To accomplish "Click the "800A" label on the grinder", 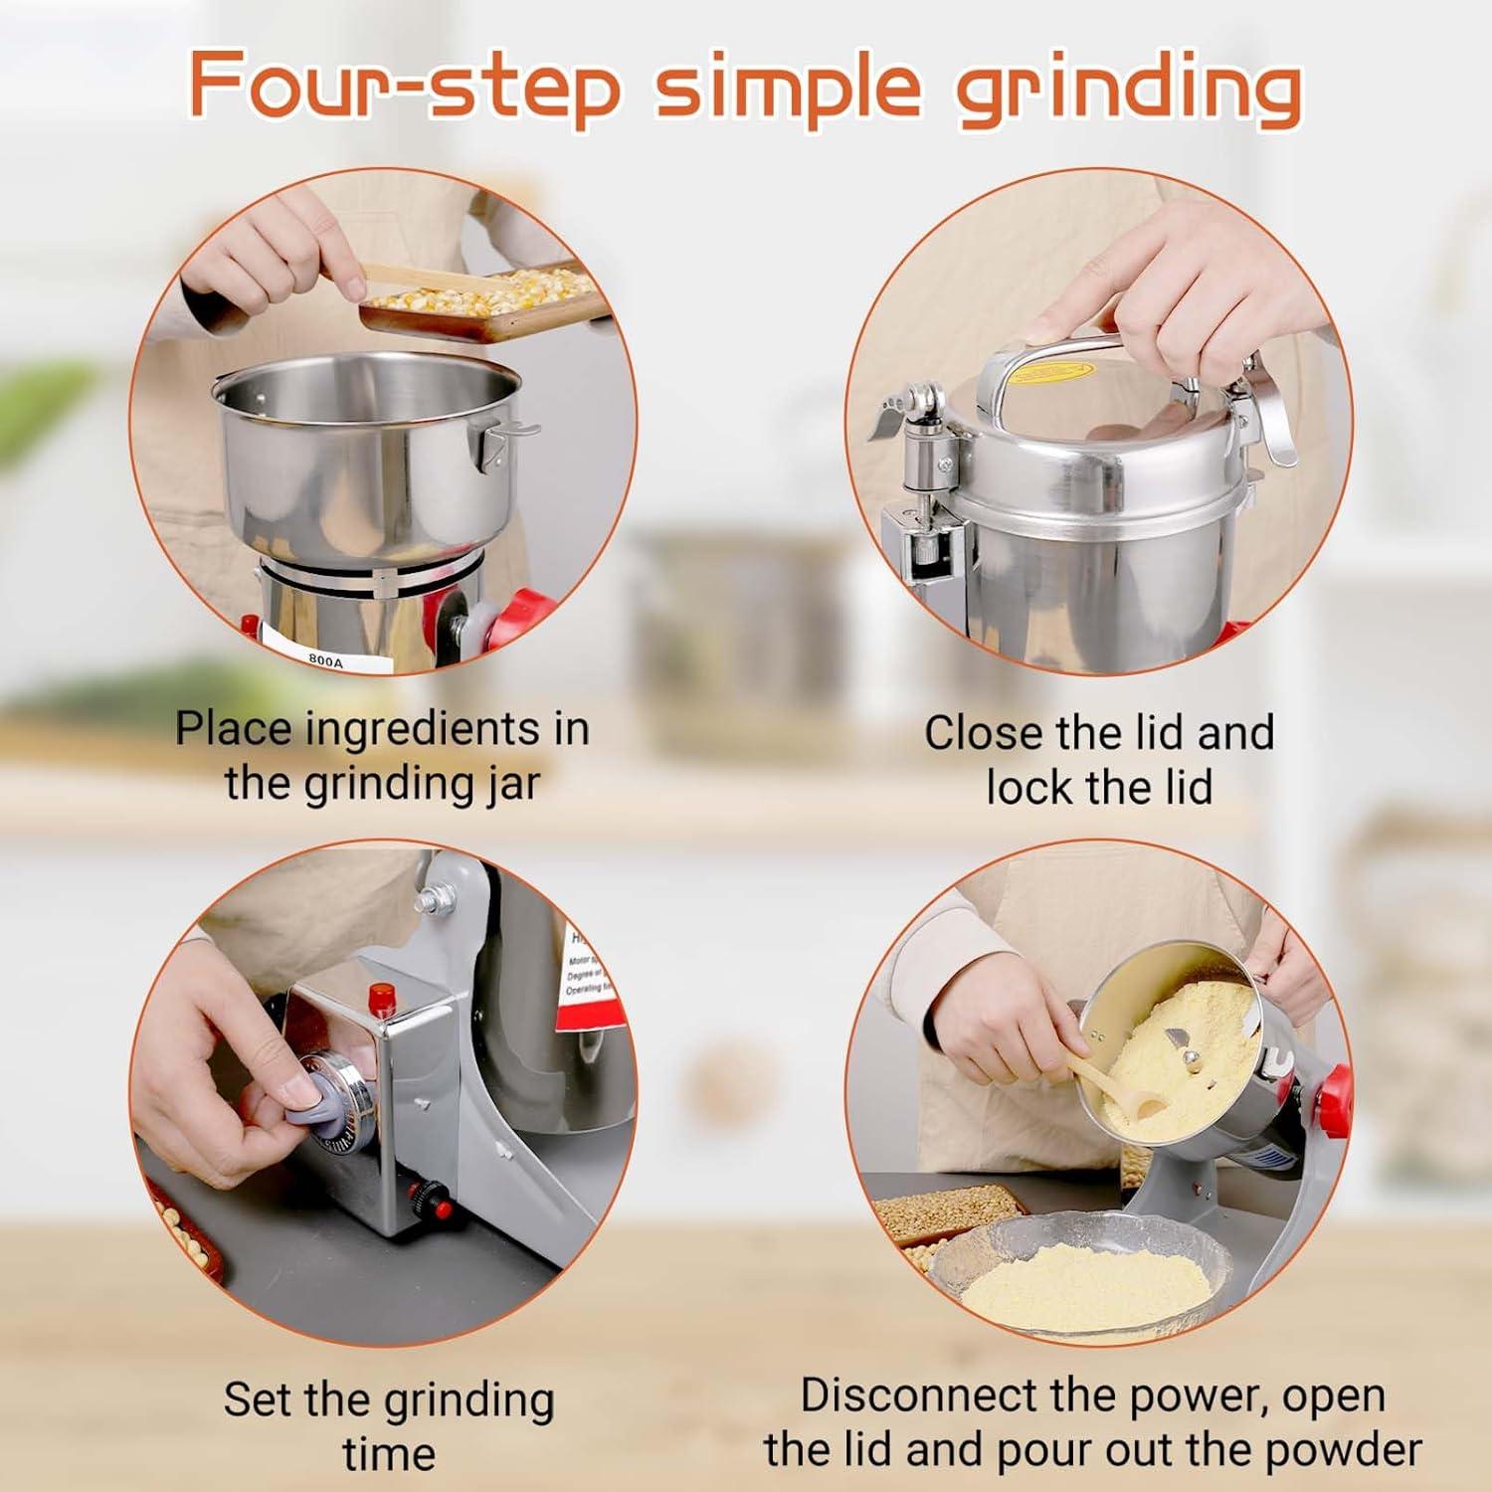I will click(x=325, y=658).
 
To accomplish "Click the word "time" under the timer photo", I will click(x=389, y=1454).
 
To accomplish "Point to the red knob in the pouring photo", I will click(x=1333, y=1094).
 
